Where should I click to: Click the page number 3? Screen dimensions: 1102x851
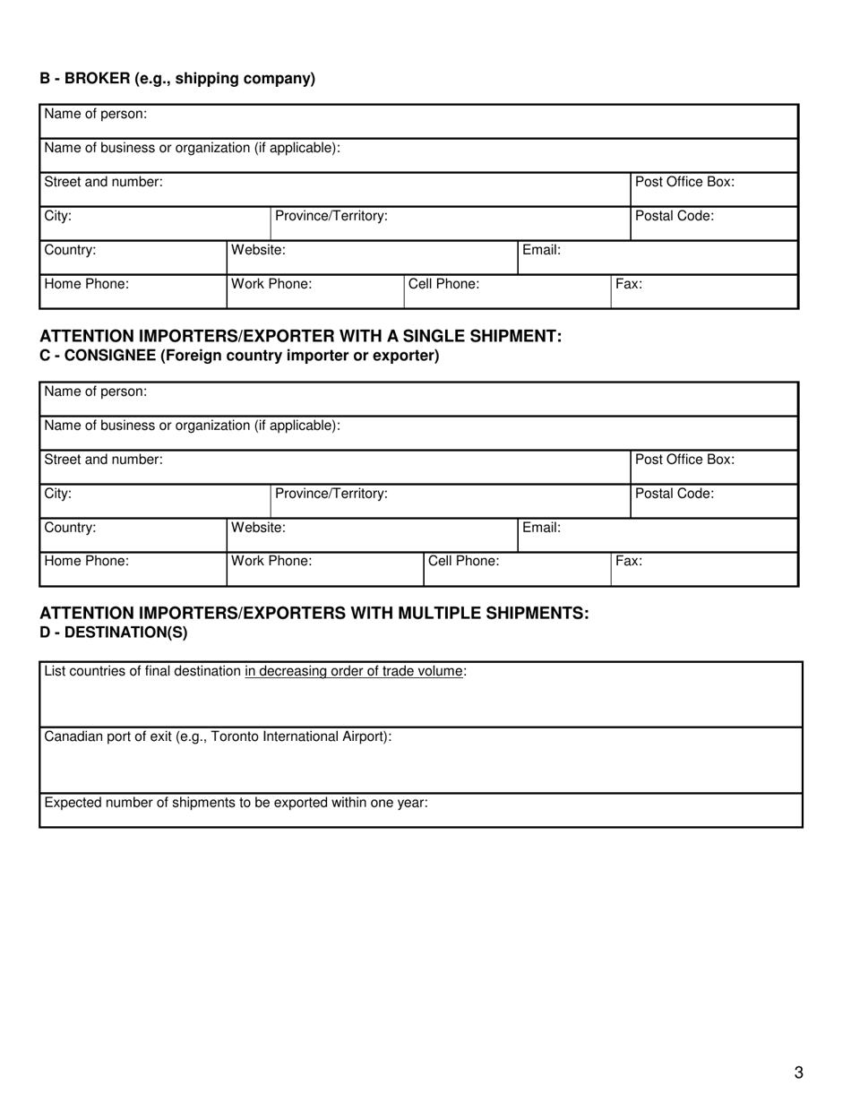(798, 1072)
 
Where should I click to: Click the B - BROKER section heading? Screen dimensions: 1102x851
(177, 79)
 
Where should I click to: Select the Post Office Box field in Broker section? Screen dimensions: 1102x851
(714, 190)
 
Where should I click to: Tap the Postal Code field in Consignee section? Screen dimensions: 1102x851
(714, 501)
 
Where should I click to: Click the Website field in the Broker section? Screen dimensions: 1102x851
(372, 257)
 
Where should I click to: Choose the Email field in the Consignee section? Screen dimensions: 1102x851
(658, 535)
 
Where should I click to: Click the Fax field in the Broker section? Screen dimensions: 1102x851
(704, 292)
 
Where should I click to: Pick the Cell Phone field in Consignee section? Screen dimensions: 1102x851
(517, 569)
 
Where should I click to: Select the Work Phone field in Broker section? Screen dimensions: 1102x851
(314, 292)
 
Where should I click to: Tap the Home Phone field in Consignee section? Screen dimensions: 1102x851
(133, 569)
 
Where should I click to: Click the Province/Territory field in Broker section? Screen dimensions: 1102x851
(450, 223)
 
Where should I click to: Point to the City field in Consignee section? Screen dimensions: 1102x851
(155, 501)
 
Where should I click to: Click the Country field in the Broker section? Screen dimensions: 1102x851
(133, 257)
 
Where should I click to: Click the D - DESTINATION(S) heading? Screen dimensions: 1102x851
(114, 633)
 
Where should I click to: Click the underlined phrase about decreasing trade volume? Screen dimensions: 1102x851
(354, 671)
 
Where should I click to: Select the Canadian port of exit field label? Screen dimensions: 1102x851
(218, 736)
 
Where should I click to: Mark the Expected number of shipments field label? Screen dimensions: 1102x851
(236, 803)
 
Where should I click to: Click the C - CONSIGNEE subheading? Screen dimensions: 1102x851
(239, 356)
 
